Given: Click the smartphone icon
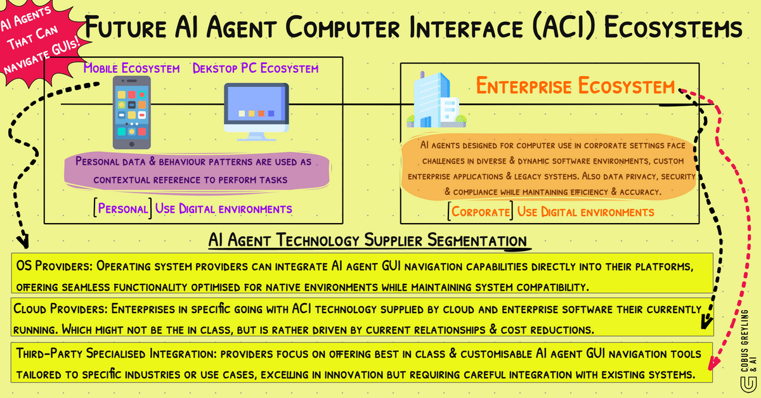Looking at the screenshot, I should pyautogui.click(x=131, y=112).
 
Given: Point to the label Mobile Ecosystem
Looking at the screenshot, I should pyautogui.click(x=131, y=68).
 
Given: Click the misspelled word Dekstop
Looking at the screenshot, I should pyautogui.click(x=216, y=68).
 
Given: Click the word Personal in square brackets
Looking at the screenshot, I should pyautogui.click(x=124, y=209).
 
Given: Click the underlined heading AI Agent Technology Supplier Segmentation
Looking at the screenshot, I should pyautogui.click(x=367, y=241).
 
